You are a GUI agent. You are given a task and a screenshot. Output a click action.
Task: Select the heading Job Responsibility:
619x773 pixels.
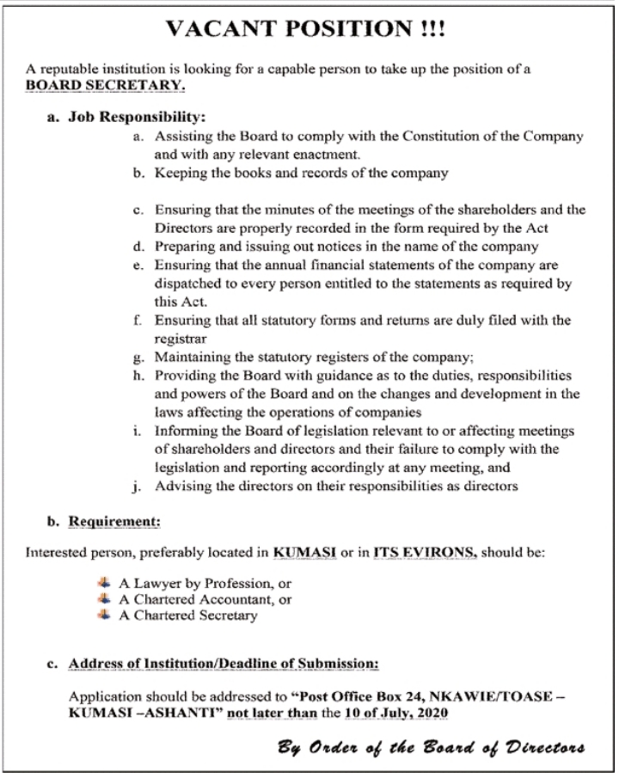point(136,115)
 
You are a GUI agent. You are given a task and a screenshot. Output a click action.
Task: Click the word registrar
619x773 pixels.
point(178,340)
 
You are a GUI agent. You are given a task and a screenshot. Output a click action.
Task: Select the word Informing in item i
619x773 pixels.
point(184,431)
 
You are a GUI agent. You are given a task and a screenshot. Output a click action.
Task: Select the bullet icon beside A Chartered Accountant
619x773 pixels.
point(105,598)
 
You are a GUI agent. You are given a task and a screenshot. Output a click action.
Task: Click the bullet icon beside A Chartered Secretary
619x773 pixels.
point(105,615)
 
